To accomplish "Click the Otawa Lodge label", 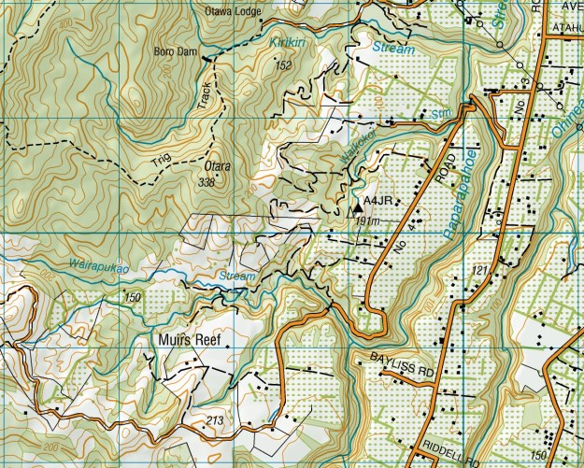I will [233, 12].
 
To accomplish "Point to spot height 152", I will [283, 64].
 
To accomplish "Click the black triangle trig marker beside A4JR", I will [358, 200].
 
